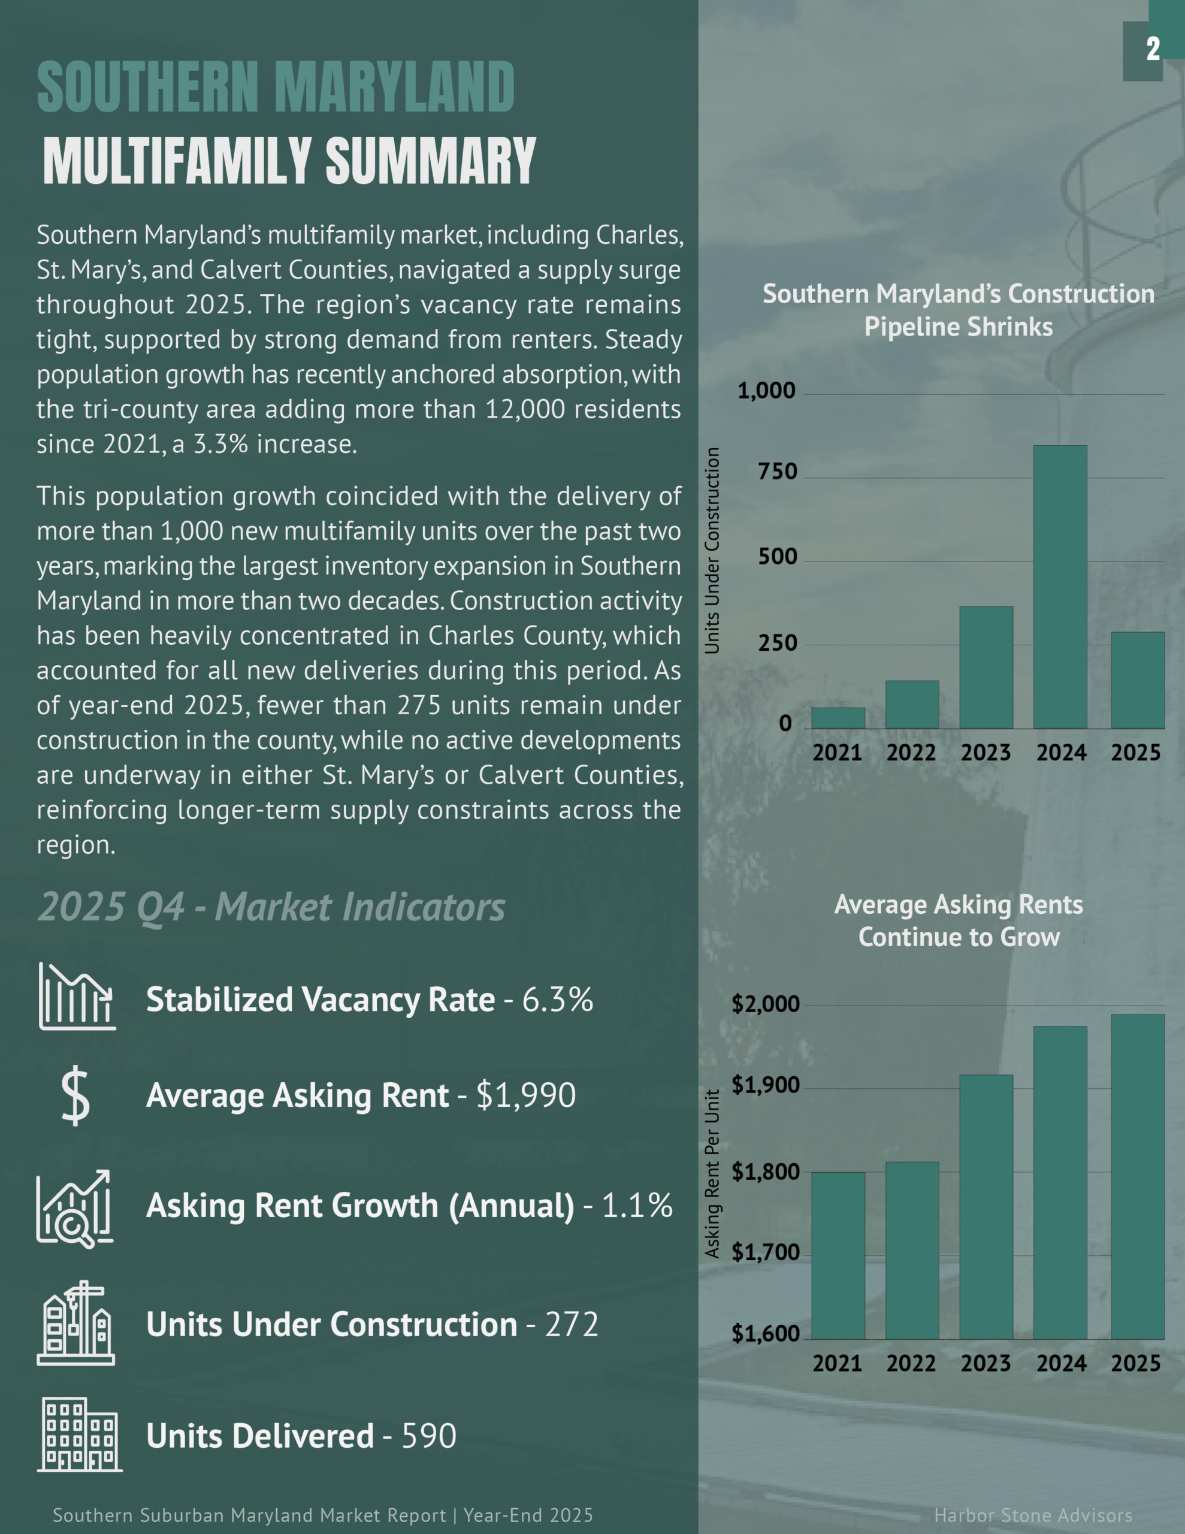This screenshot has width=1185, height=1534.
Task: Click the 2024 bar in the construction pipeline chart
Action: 1060,587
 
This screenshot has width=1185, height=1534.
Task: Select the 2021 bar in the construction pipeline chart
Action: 838,718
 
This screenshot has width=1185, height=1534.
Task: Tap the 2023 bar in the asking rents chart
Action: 986,1207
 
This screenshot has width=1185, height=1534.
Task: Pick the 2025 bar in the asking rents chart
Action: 1137,1176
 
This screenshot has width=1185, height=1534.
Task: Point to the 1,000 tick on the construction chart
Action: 766,391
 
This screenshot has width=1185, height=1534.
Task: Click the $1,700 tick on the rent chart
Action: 765,1252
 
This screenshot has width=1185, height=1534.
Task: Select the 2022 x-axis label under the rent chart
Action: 911,1363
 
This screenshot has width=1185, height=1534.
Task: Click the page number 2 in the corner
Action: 1153,49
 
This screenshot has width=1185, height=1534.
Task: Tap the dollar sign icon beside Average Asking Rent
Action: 75,1096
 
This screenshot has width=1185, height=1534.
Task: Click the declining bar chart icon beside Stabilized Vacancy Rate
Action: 77,997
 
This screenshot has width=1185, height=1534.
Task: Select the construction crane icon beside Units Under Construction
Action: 76,1323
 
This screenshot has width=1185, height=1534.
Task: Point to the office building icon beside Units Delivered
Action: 79,1435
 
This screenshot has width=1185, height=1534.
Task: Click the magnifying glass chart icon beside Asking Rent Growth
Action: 74,1208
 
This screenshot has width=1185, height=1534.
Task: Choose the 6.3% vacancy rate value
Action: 558,999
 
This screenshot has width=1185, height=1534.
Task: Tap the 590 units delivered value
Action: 428,1436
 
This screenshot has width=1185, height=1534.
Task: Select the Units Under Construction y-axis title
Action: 712,551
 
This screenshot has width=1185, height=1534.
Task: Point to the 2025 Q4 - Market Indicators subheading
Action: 271,907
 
